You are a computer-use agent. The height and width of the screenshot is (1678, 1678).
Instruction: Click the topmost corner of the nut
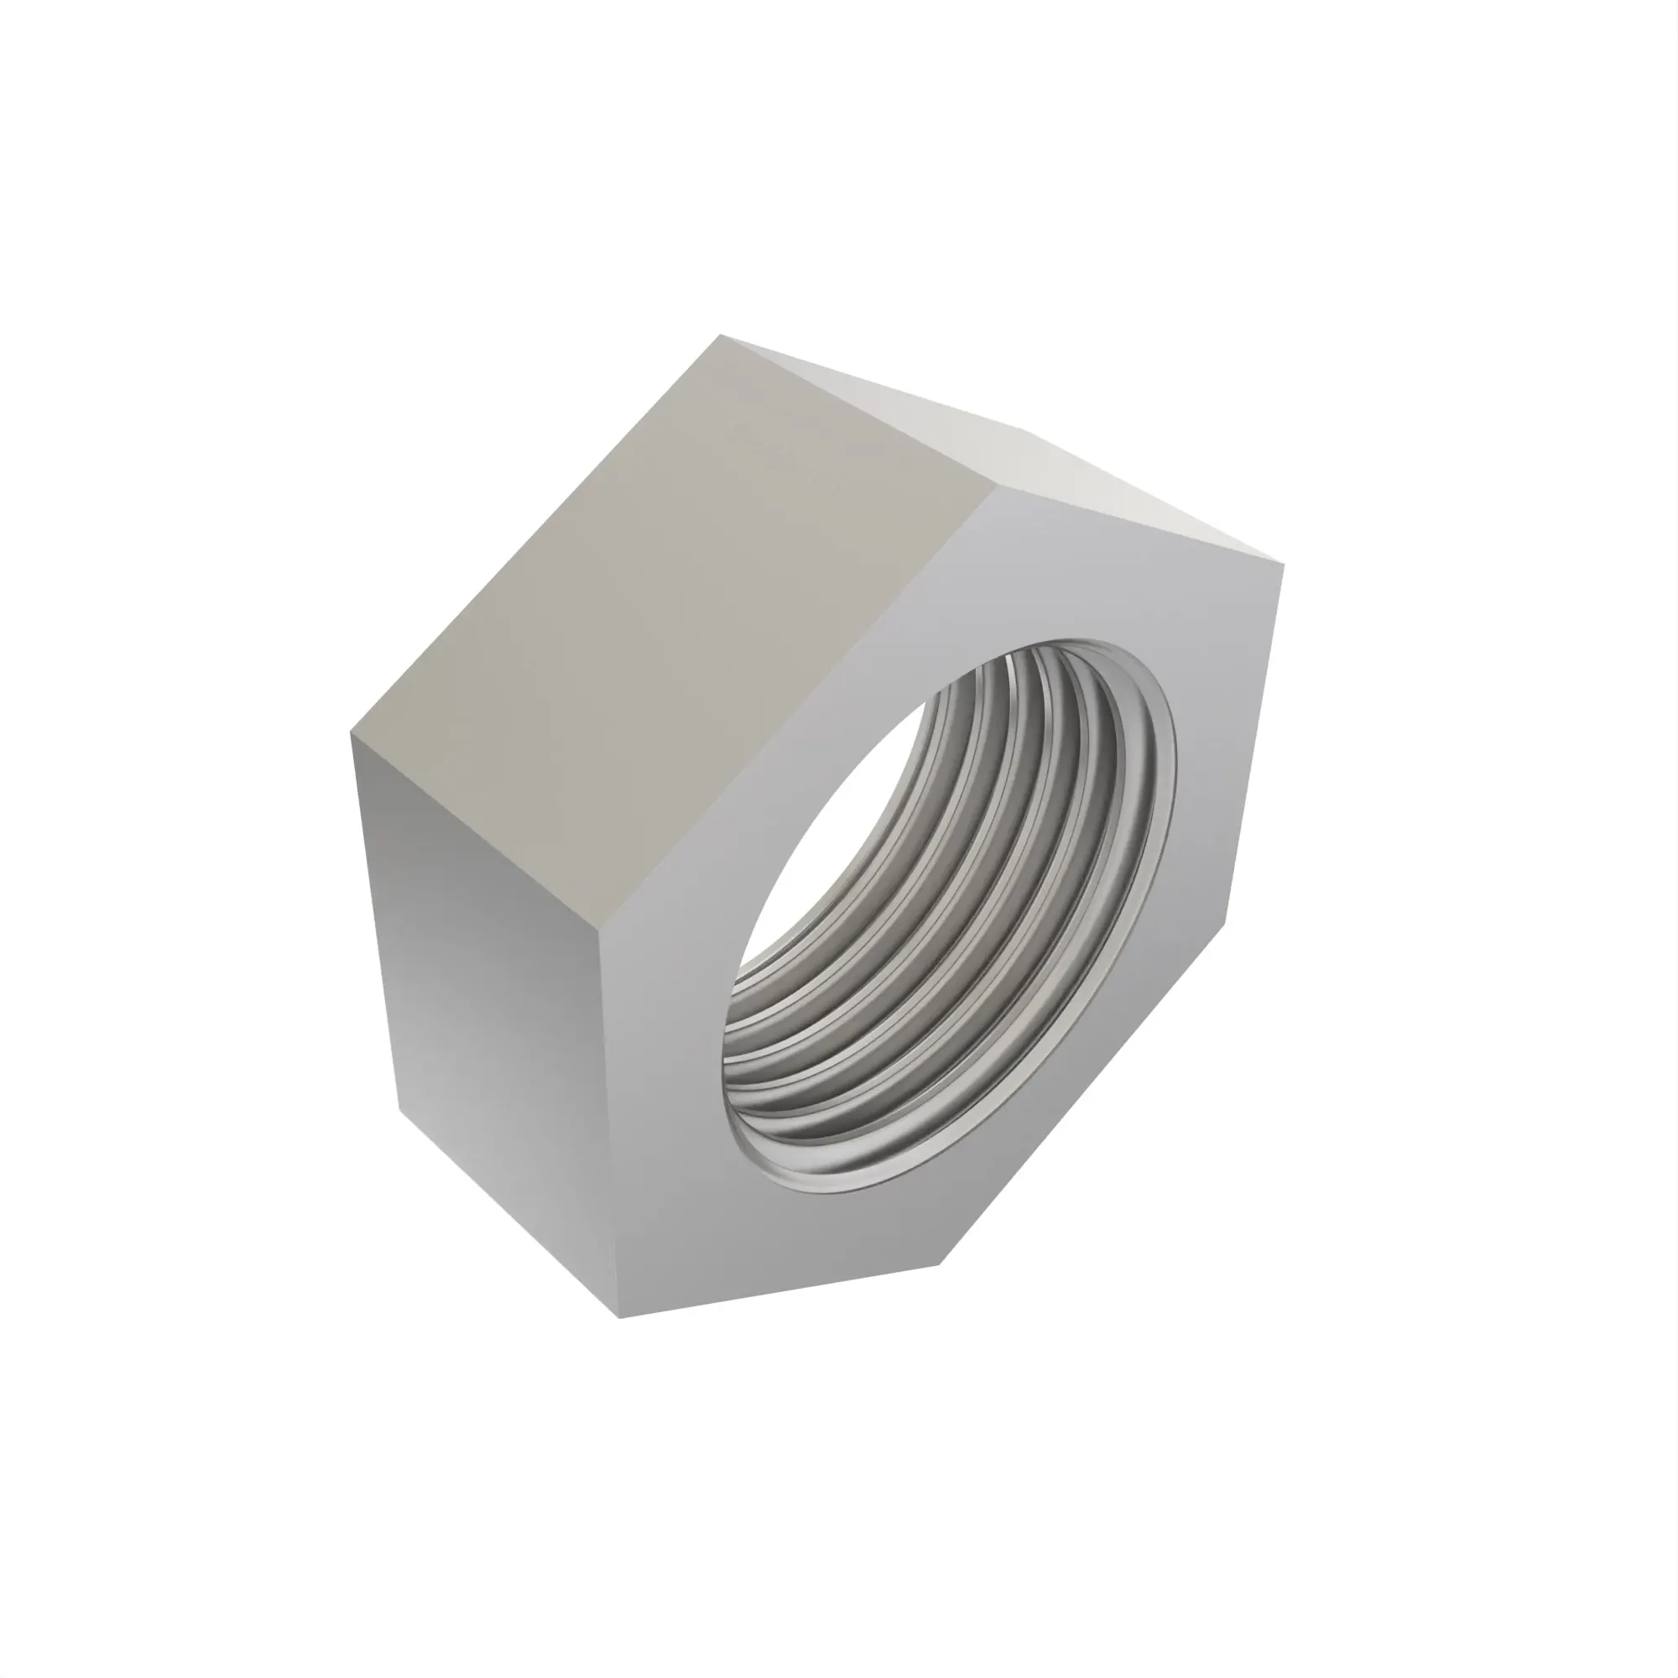coord(722,336)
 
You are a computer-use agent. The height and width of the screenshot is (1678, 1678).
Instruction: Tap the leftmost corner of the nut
coord(352,732)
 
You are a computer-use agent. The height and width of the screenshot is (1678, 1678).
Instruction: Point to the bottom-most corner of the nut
coord(619,1316)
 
